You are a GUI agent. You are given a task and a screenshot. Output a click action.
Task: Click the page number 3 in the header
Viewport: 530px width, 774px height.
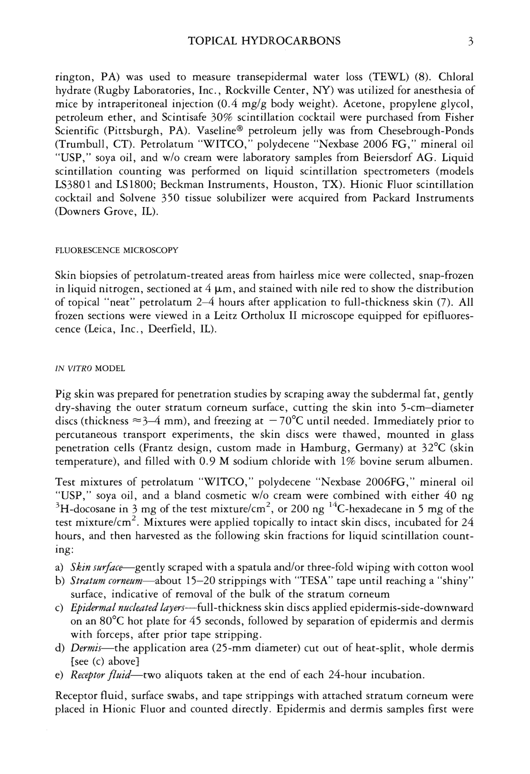point(470,41)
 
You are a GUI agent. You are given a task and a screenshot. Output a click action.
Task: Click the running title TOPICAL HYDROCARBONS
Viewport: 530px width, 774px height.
point(264,41)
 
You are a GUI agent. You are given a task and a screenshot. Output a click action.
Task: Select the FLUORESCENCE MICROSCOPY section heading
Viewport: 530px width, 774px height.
point(116,250)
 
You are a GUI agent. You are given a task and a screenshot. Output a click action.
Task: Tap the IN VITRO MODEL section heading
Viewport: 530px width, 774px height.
point(90,369)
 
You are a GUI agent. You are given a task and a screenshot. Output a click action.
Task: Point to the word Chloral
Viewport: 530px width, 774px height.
point(456,77)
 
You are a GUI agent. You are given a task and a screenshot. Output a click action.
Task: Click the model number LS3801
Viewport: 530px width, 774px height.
point(72,185)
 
